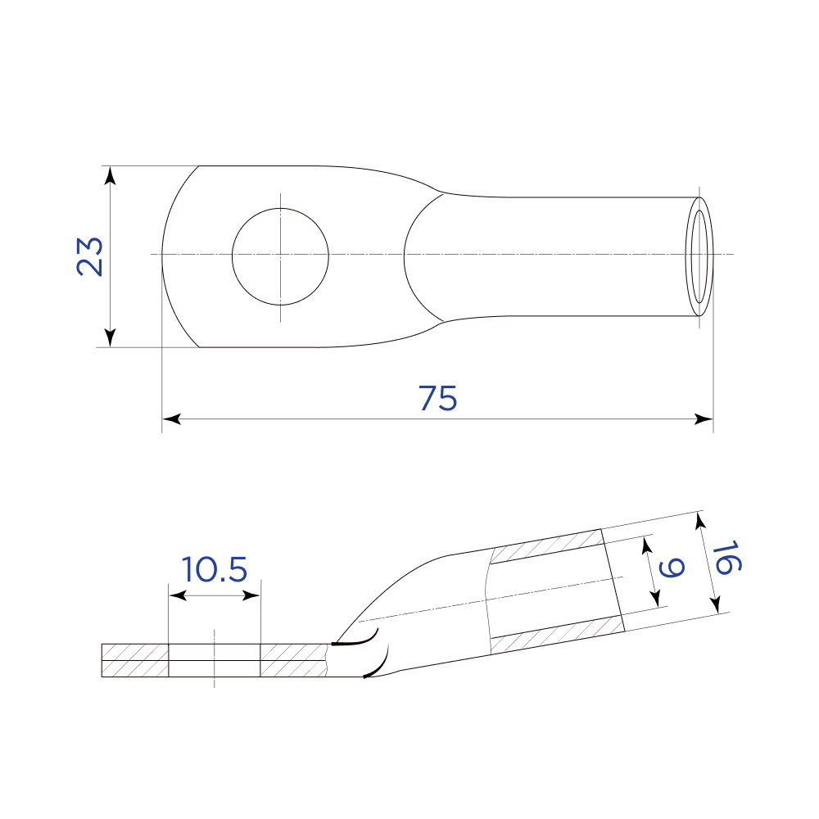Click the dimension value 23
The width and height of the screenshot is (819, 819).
[90, 256]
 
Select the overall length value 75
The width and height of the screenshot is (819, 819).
[437, 399]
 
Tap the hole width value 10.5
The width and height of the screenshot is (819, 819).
[214, 569]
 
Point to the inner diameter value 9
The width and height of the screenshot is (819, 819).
[672, 568]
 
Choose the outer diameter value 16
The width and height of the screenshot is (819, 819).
[726, 558]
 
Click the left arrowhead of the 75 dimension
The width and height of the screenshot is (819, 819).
[171, 419]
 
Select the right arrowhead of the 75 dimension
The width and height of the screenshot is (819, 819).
[704, 419]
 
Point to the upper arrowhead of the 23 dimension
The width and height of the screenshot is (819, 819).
[110, 175]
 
